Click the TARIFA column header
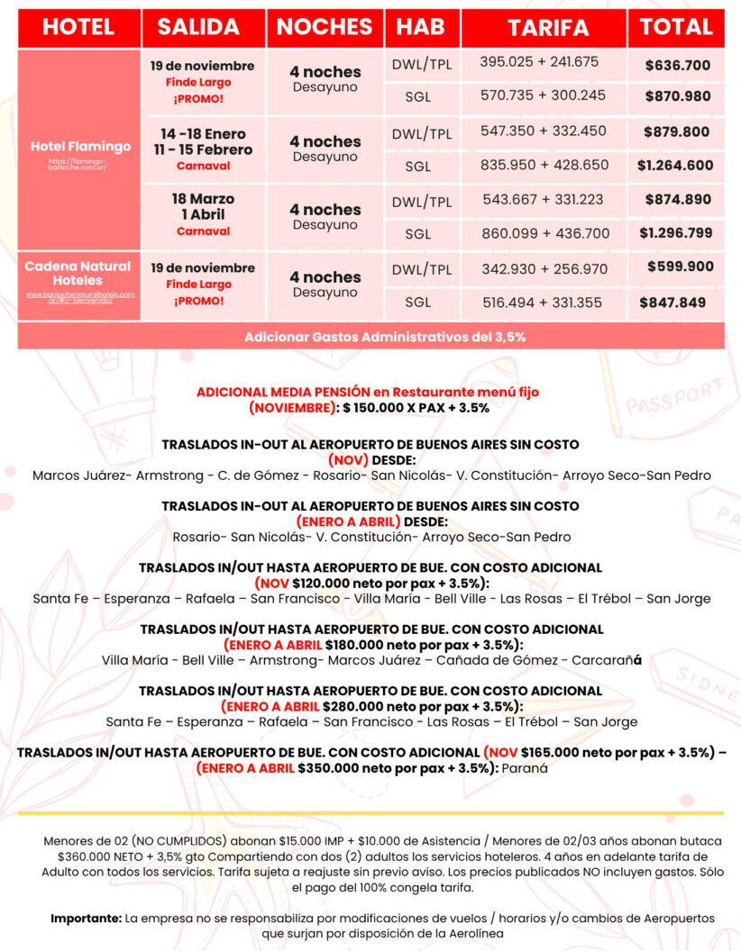pyautogui.click(x=547, y=27)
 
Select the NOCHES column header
pyautogui.click(x=325, y=27)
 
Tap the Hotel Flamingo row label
pyautogui.click(x=80, y=146)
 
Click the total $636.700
pyautogui.click(x=678, y=65)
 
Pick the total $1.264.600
pyautogui.click(x=675, y=165)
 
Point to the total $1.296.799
pyautogui.click(x=675, y=232)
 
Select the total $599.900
pyautogui.click(x=680, y=267)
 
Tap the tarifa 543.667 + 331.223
pyautogui.click(x=542, y=199)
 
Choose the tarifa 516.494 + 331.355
pyautogui.click(x=541, y=303)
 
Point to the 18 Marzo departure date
pyautogui.click(x=203, y=199)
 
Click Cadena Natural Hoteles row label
pyautogui.click(x=78, y=274)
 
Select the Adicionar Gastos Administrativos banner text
pyautogui.click(x=370, y=337)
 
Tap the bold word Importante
pyautogui.click(x=86, y=918)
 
